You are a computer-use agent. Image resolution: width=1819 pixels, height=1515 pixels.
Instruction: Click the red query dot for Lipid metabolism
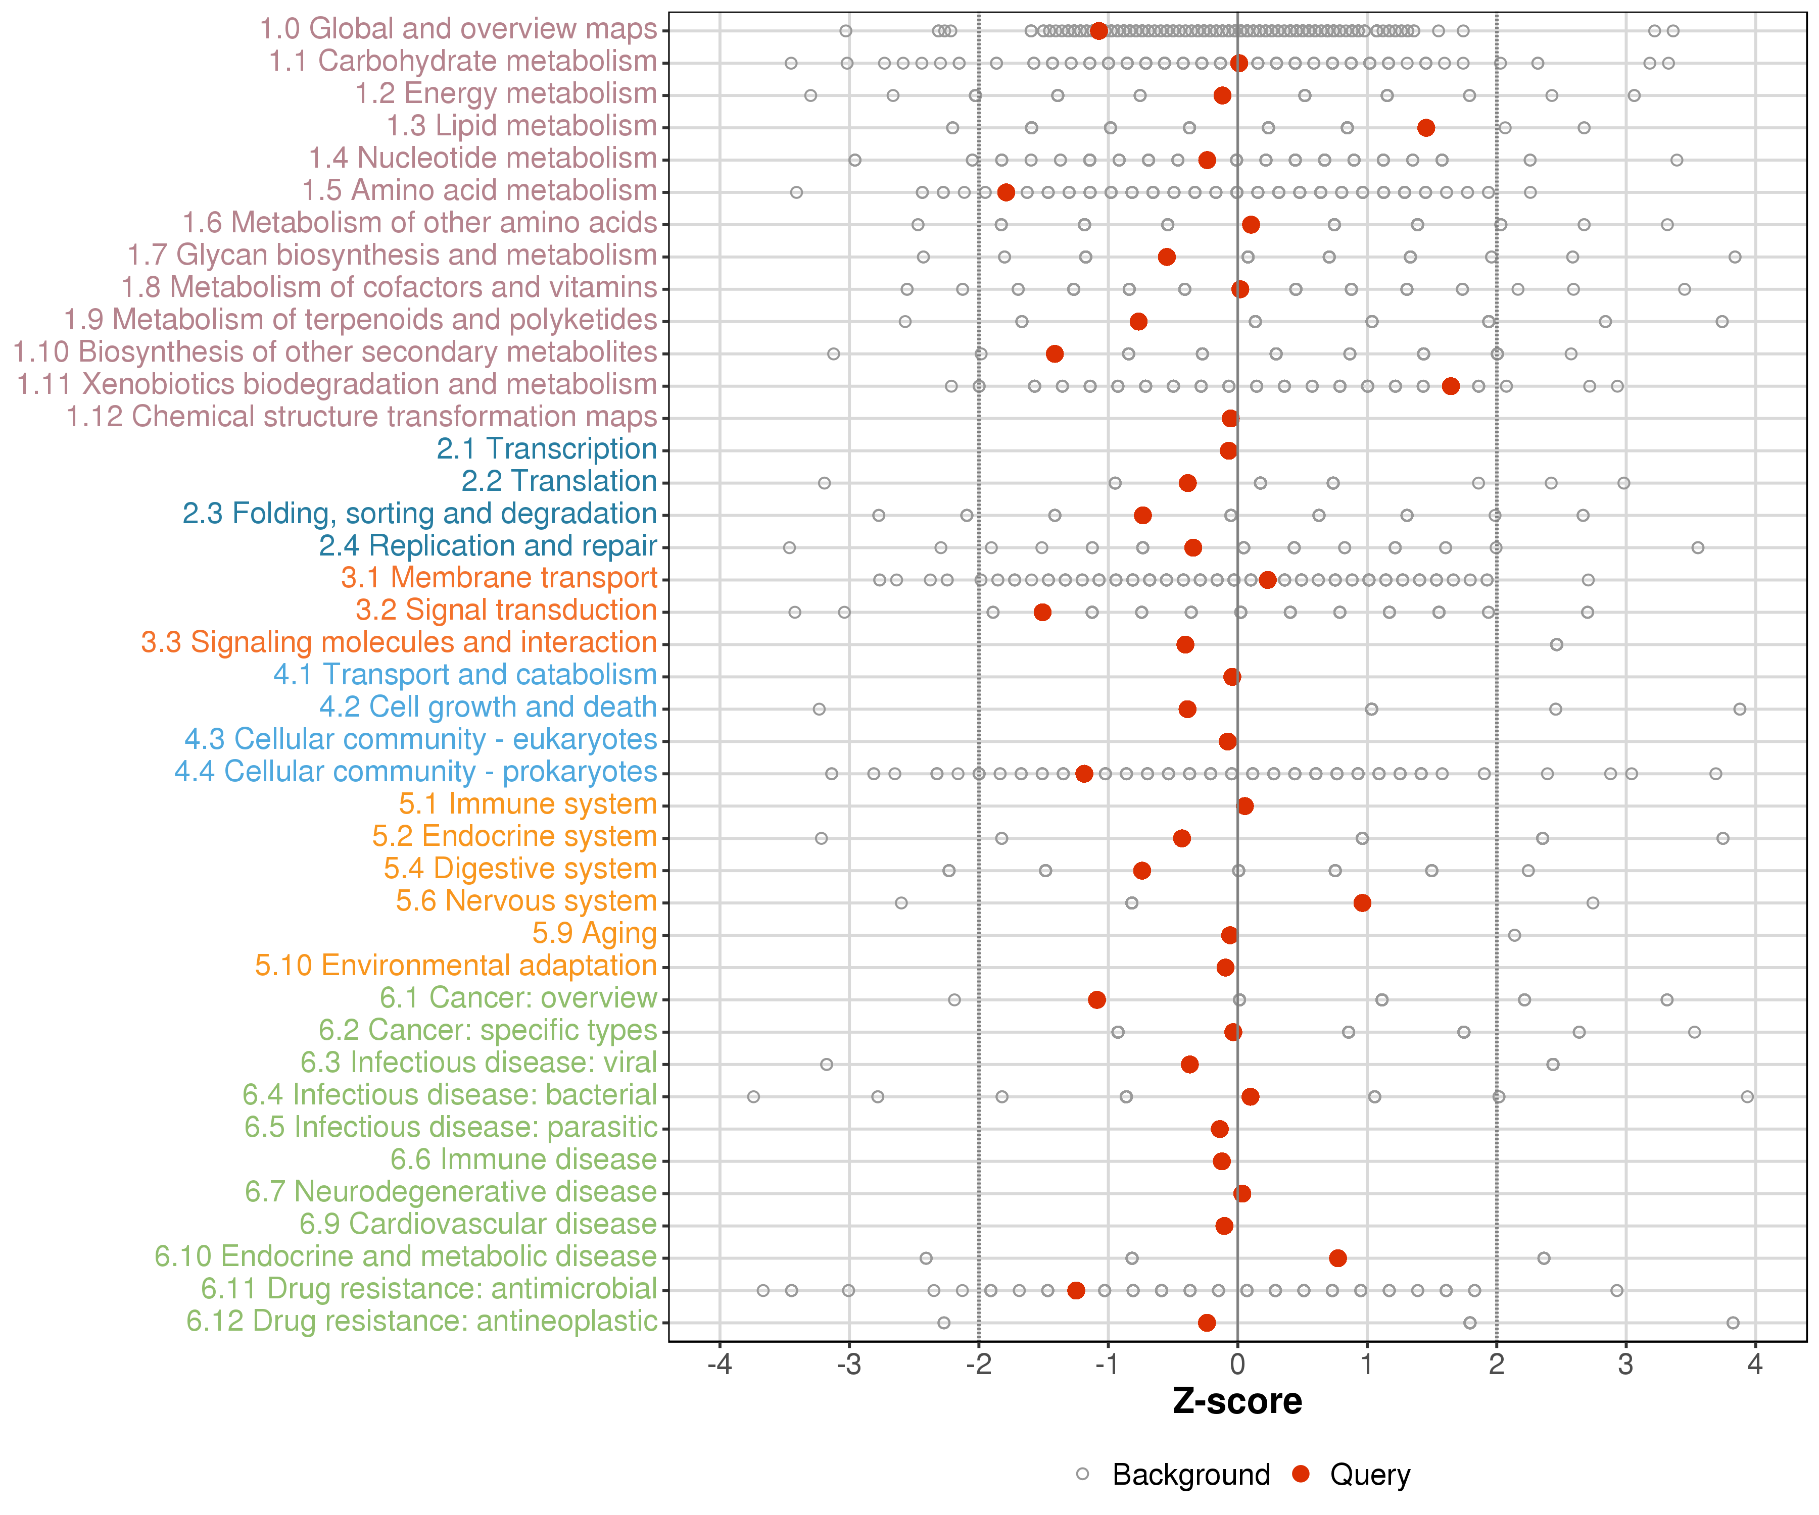(1426, 128)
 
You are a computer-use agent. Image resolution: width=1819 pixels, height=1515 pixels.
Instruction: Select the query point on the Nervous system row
(1362, 903)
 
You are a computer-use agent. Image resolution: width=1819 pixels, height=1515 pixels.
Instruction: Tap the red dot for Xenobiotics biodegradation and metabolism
(1451, 386)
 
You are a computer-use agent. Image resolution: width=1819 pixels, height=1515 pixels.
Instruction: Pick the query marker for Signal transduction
(1042, 612)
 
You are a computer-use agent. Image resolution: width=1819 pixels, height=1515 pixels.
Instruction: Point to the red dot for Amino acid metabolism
(1006, 192)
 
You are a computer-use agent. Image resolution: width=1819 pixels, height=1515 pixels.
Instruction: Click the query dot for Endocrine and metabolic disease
(1337, 1258)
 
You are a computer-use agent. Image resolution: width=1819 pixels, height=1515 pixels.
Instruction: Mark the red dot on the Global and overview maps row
(1098, 31)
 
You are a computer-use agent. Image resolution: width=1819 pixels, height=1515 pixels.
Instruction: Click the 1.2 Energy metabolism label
(506, 93)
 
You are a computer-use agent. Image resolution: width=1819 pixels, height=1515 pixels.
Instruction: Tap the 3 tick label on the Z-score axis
(1626, 1365)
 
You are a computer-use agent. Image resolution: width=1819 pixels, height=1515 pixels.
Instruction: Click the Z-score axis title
(1237, 1401)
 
